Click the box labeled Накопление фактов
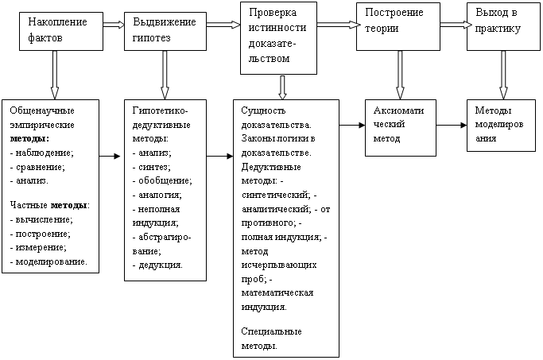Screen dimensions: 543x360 pyautogui.click(x=61, y=32)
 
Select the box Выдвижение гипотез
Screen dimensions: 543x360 pyautogui.click(x=165, y=32)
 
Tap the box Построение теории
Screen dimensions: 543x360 pyautogui.click(x=398, y=27)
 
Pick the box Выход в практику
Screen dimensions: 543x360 pyautogui.click(x=503, y=27)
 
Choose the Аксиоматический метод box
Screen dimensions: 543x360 pyautogui.click(x=401, y=128)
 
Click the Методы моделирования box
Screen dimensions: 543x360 pyautogui.click(x=501, y=126)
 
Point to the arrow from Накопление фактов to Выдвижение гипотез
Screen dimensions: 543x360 pyautogui.click(x=114, y=25)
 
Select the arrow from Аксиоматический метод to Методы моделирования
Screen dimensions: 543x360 pyautogui.click(x=452, y=125)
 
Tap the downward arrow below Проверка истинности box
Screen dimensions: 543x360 pyautogui.click(x=282, y=87)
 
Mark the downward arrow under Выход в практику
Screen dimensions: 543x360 pyautogui.click(x=503, y=75)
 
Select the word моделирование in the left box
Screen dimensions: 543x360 pyautogui.click(x=51, y=261)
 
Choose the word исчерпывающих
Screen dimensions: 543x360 pyautogui.click(x=279, y=265)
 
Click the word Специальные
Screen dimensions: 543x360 pyautogui.click(x=272, y=331)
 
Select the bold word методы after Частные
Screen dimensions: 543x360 pyautogui.click(x=68, y=205)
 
